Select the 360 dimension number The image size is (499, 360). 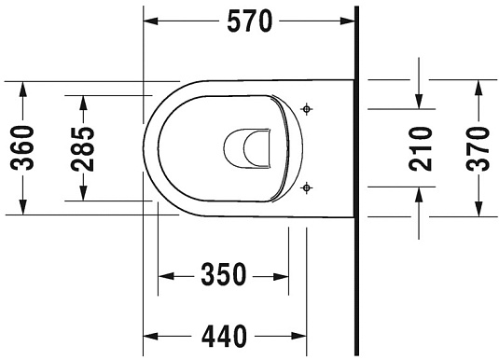click(x=24, y=146)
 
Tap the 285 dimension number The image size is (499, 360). click(x=84, y=146)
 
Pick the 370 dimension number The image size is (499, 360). click(x=478, y=146)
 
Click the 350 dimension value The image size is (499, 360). click(x=223, y=275)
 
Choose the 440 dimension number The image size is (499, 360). click(x=223, y=334)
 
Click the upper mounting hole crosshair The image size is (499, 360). click(x=309, y=110)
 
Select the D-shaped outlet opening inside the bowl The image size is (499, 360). click(x=245, y=146)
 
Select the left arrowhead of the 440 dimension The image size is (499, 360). click(x=152, y=334)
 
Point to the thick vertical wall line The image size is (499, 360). click(x=356, y=177)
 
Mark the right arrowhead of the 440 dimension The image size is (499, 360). click(x=299, y=334)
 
